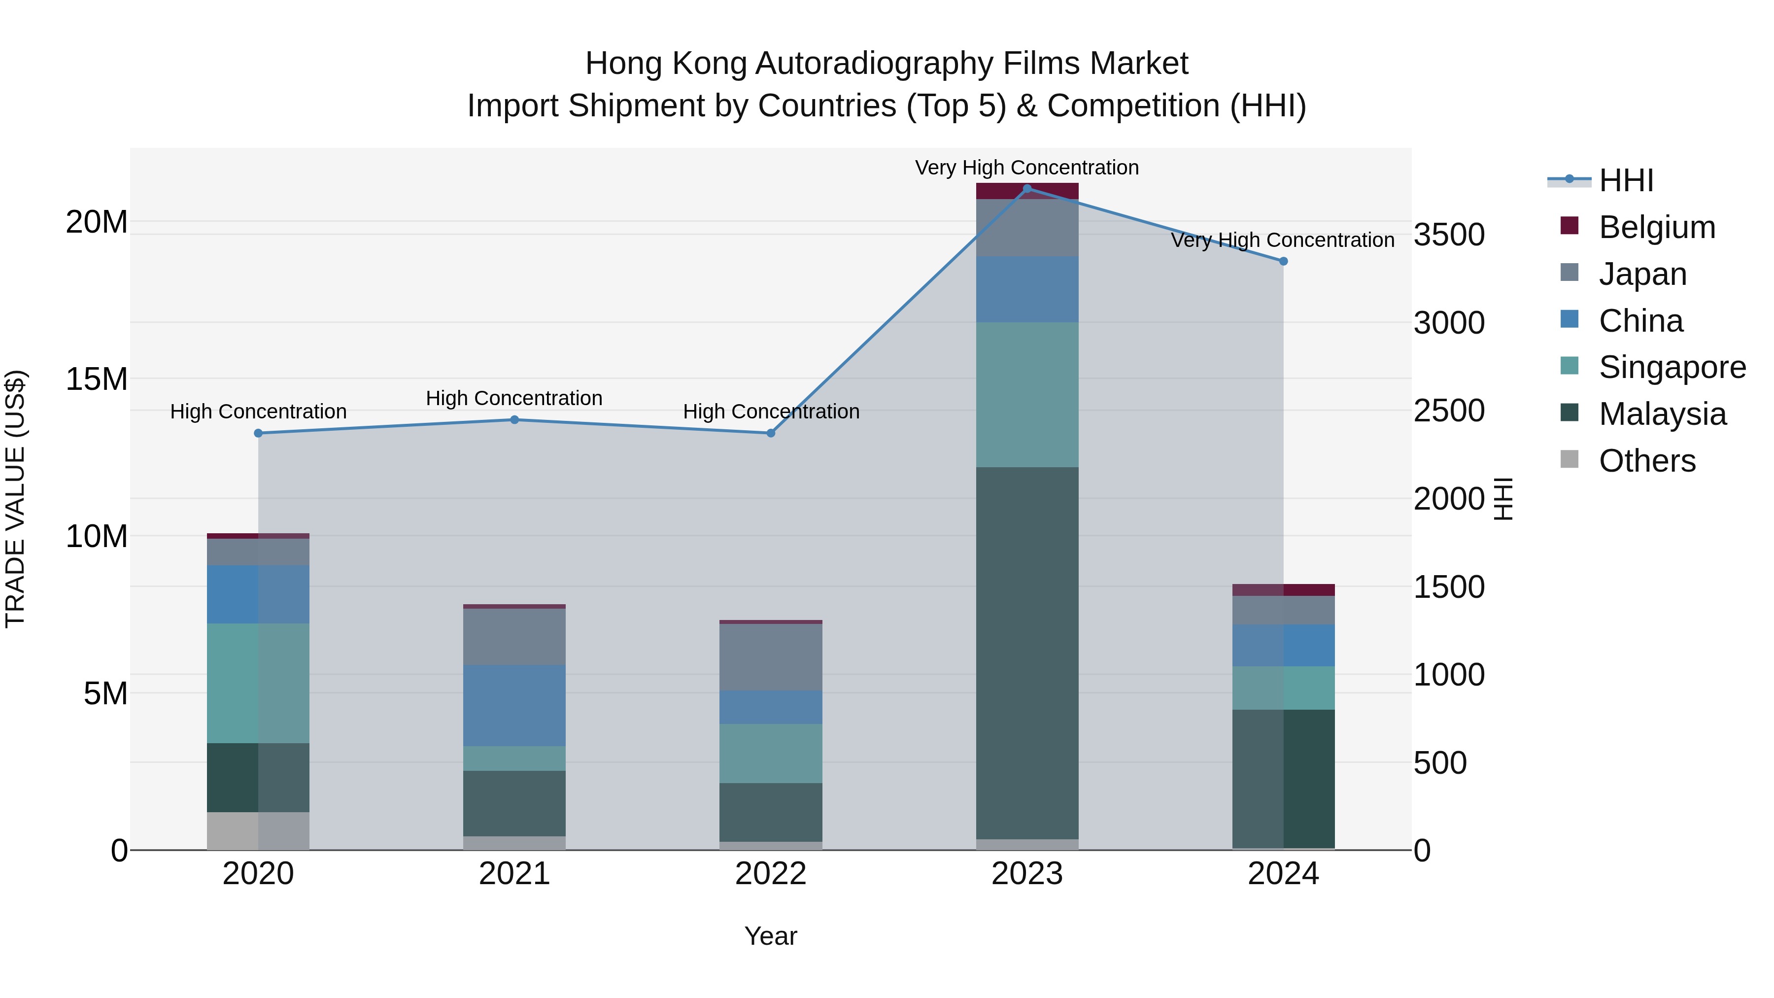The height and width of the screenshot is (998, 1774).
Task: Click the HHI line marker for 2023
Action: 1027,189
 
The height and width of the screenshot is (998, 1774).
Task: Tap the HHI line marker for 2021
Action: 514,419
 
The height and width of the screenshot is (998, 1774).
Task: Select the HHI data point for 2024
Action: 1283,261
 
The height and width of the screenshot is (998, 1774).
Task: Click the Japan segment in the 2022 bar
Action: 771,656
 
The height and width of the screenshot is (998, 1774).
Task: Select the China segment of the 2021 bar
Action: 514,705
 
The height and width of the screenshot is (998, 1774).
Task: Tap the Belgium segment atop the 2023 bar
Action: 1027,191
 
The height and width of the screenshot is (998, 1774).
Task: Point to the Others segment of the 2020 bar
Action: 258,830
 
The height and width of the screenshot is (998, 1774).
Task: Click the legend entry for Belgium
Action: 1657,227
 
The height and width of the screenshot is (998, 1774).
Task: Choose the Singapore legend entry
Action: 1672,367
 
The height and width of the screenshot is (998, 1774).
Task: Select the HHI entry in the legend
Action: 1625,180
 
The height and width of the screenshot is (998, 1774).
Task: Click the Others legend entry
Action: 1646,461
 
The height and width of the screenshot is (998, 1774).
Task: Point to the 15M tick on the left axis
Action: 97,379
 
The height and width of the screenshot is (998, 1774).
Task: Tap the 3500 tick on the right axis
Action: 1449,235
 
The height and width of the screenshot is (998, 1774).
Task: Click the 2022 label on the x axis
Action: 771,874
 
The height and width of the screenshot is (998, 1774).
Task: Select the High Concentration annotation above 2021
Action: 514,398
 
